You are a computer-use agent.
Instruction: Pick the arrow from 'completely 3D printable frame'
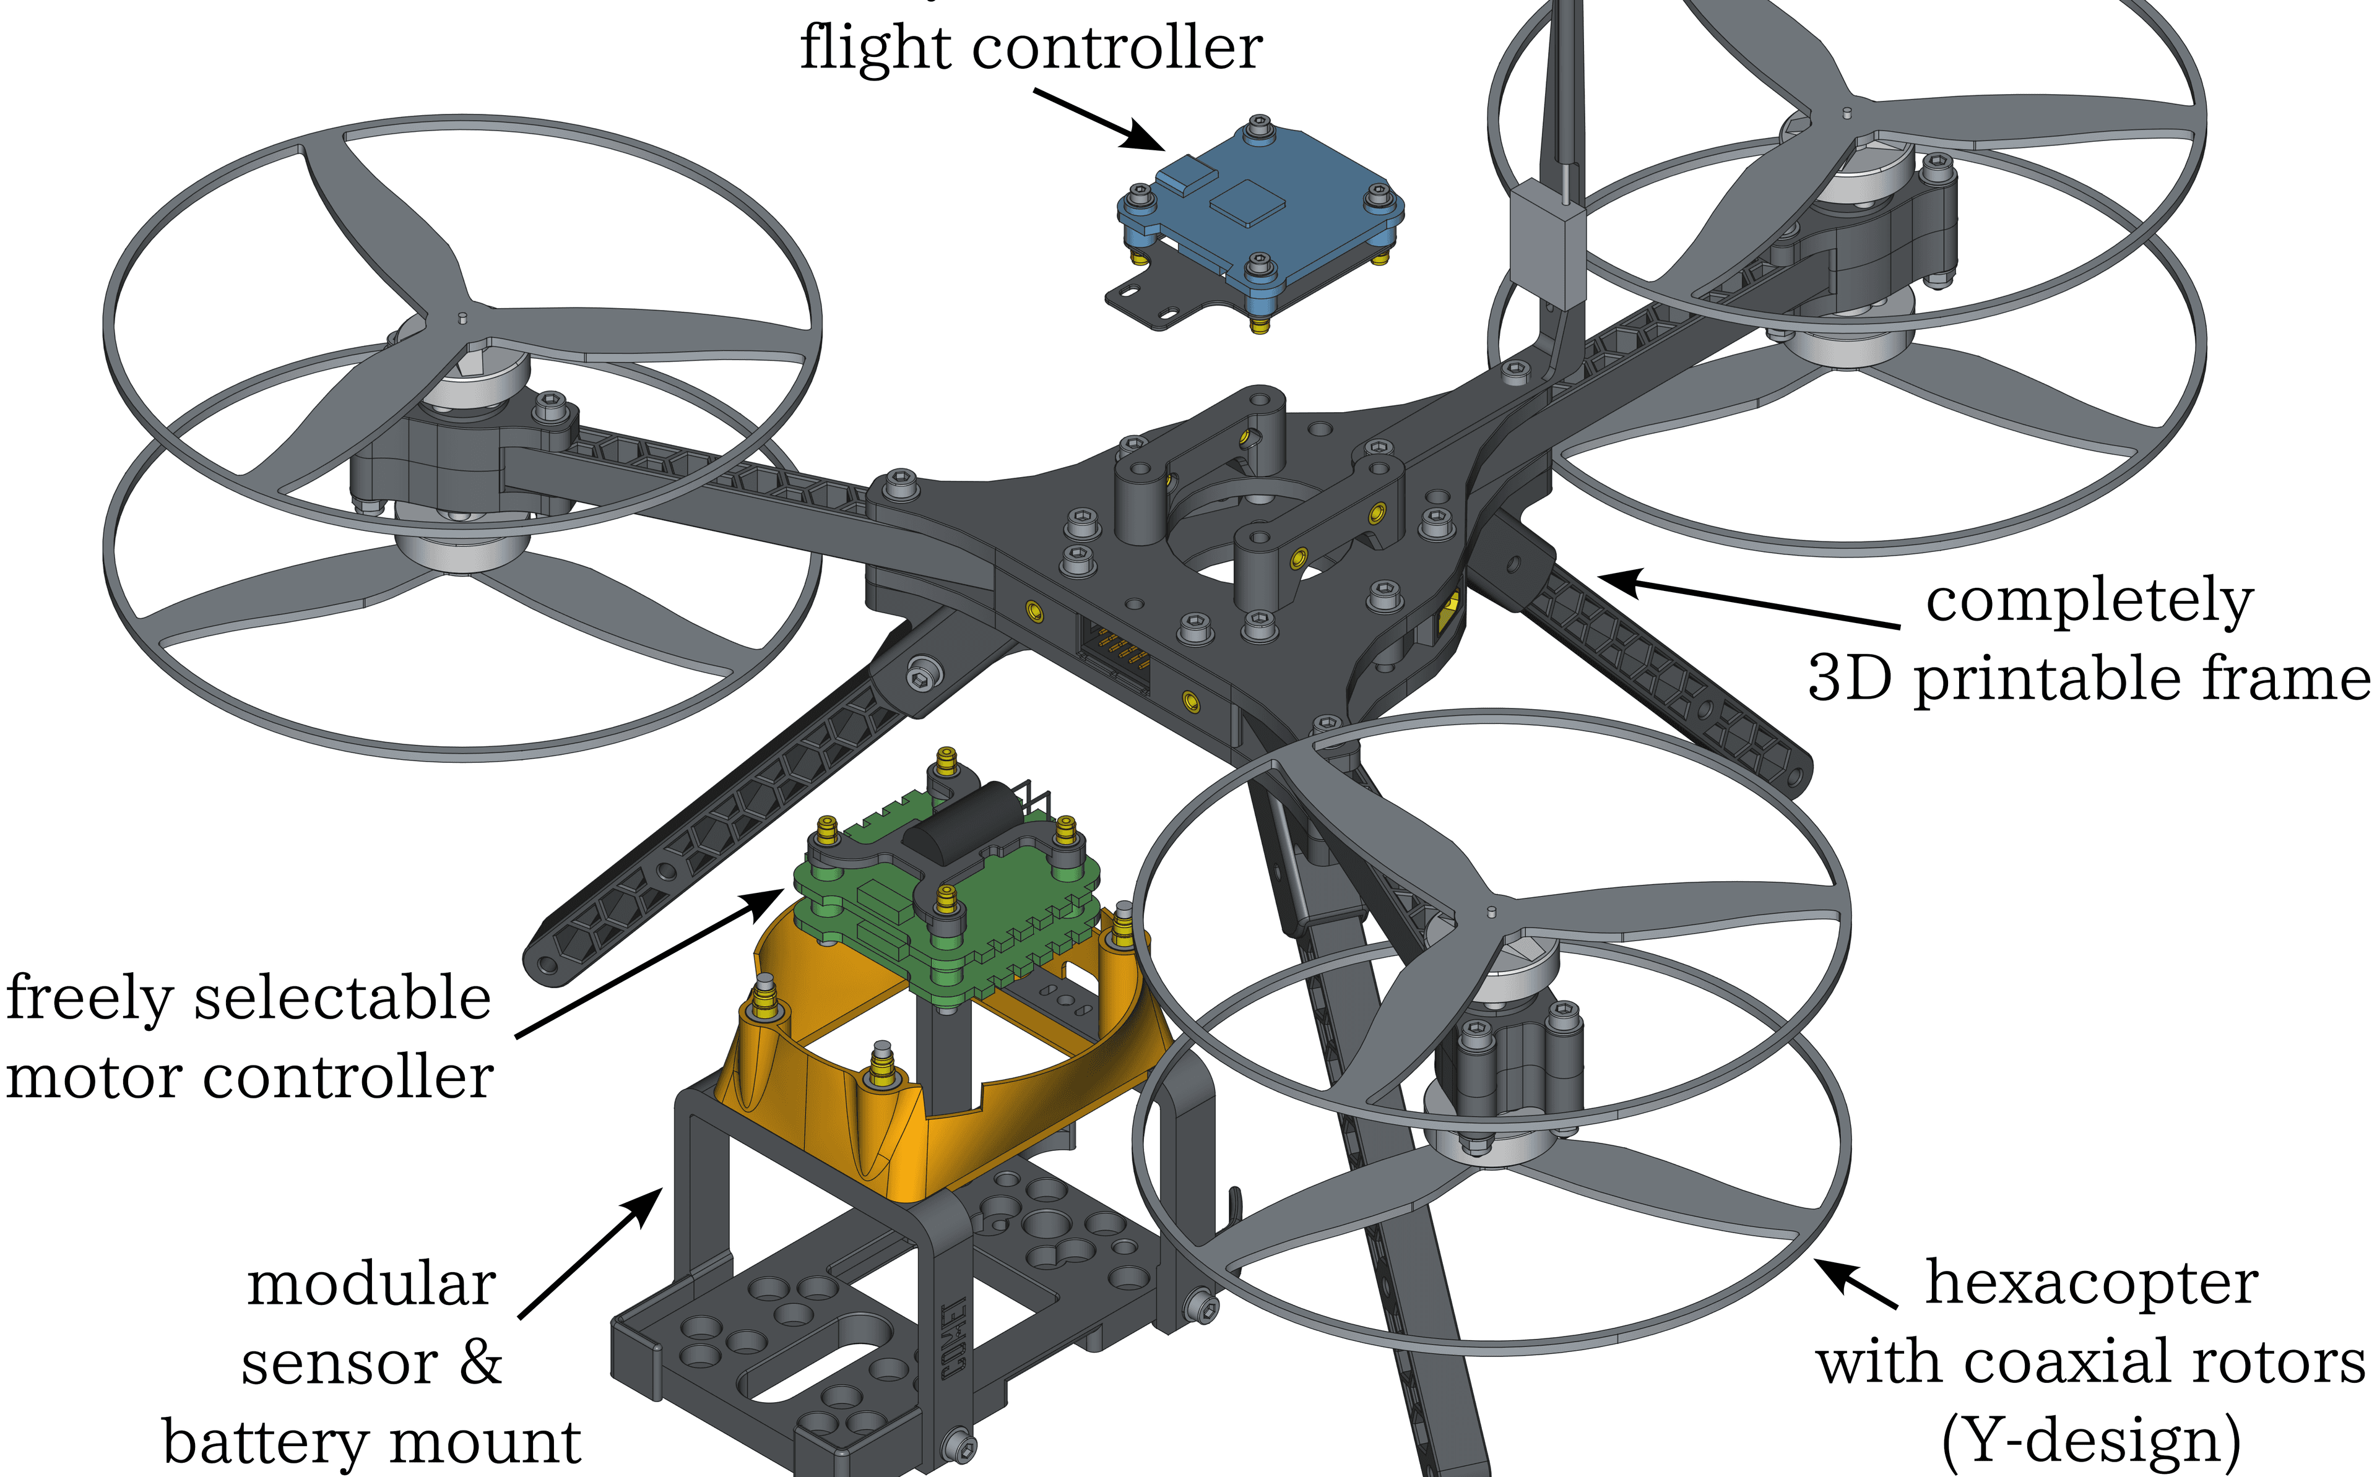click(x=1749, y=601)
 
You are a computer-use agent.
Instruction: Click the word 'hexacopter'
click(x=2091, y=1283)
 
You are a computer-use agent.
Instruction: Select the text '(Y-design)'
click(x=2091, y=1441)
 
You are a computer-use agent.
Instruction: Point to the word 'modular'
click(x=371, y=1285)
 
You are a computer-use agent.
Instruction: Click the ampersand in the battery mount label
click(x=478, y=1363)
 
